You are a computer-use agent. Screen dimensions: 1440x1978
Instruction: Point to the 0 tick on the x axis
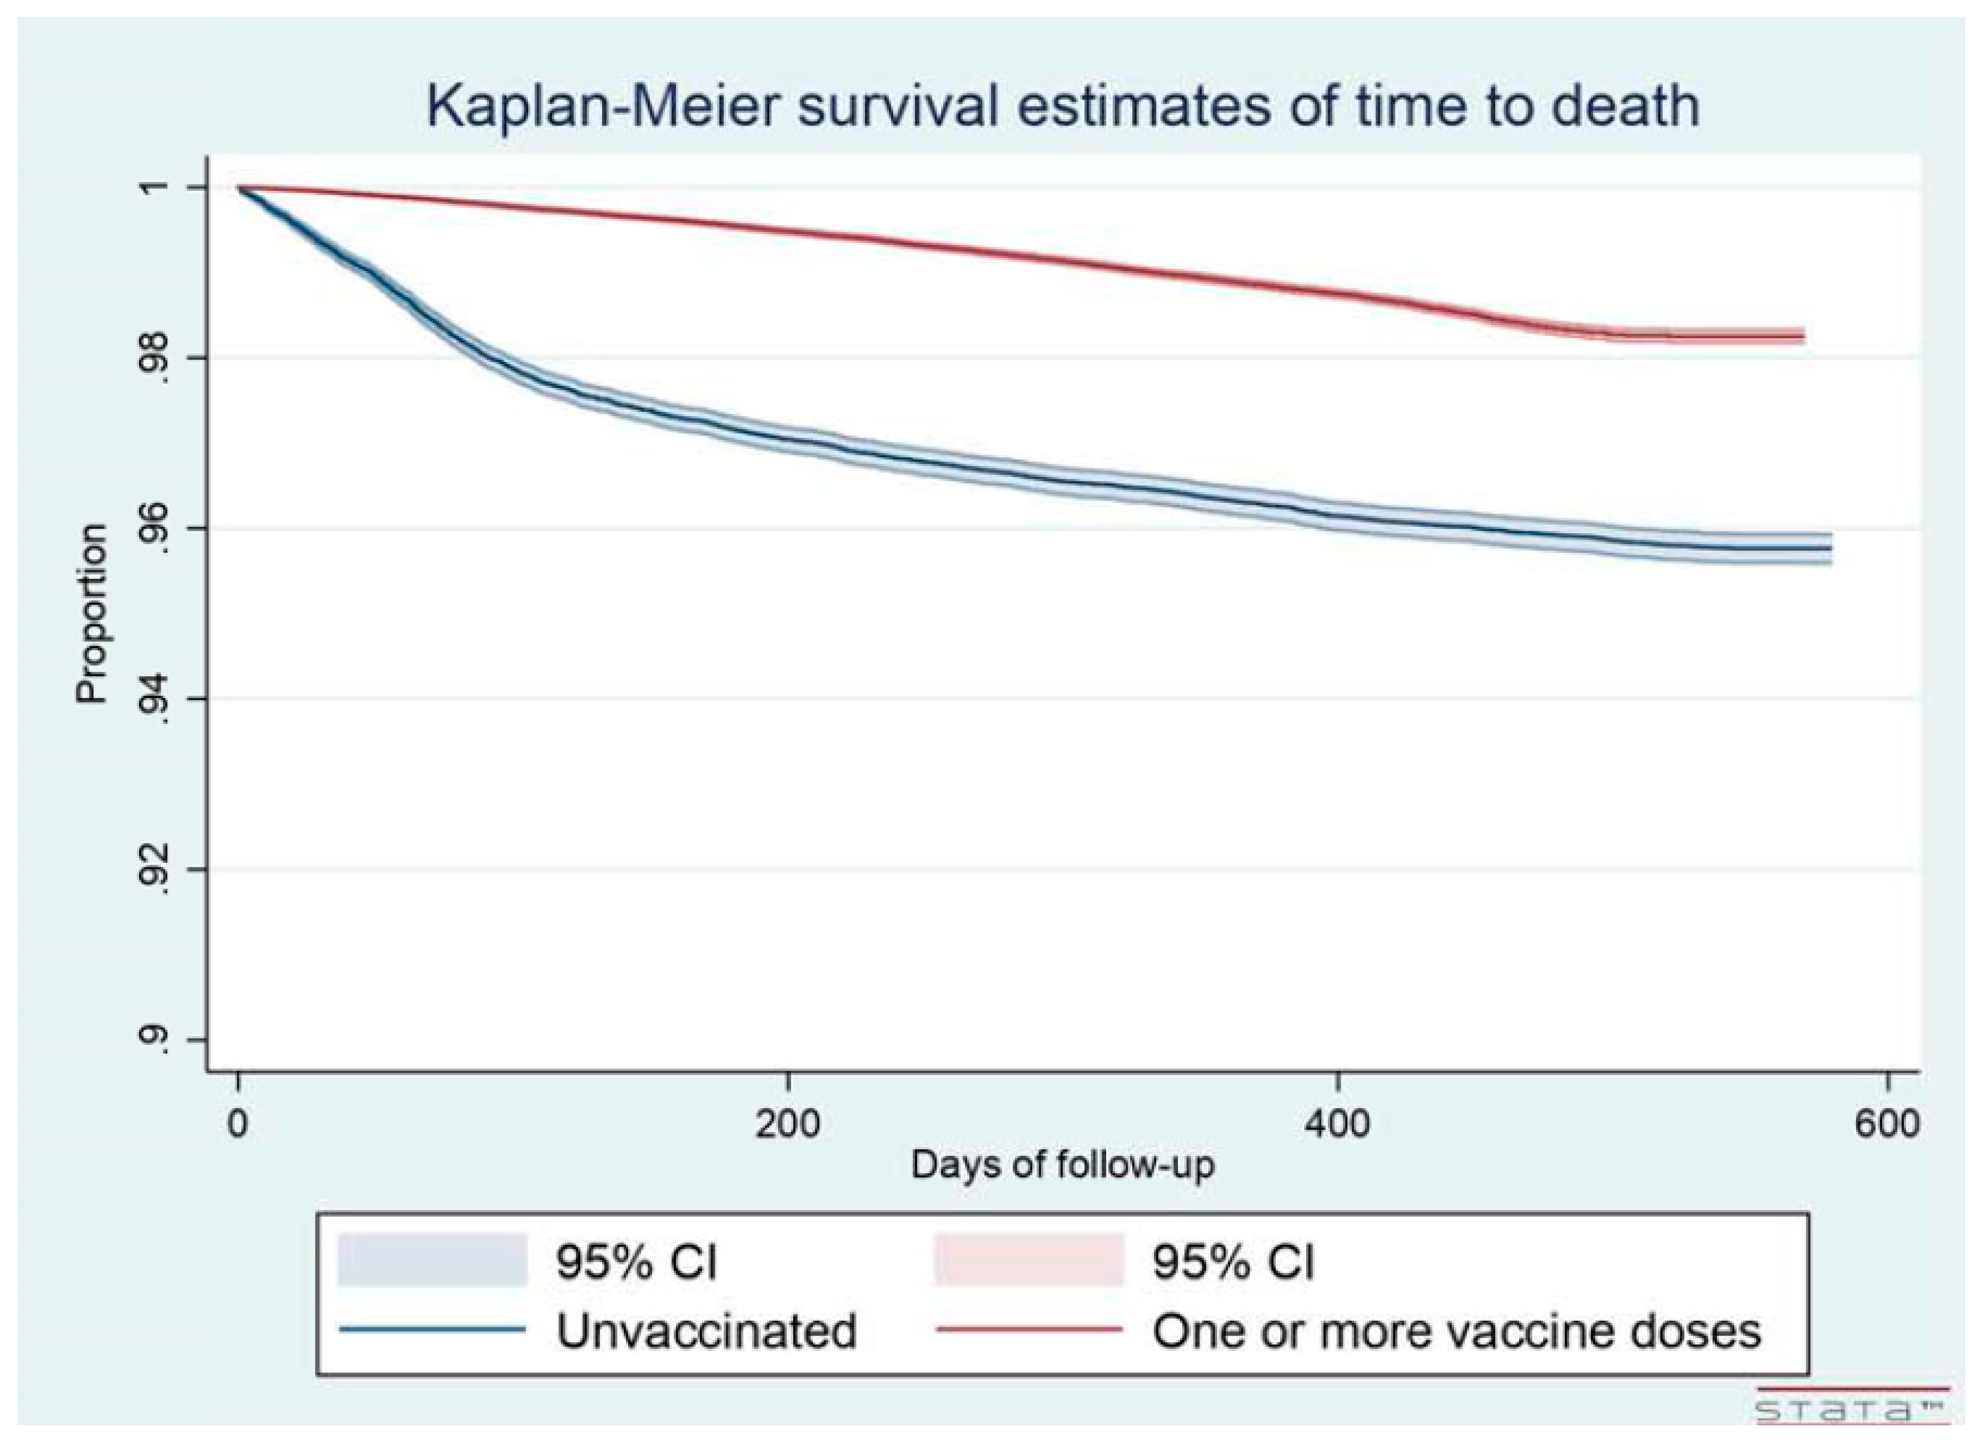coord(238,1123)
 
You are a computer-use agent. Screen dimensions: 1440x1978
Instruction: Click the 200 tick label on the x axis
coord(788,1123)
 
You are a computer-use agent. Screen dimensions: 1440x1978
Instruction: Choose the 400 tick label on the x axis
coord(1337,1123)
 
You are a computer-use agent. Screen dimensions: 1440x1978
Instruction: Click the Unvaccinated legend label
coord(707,1331)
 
